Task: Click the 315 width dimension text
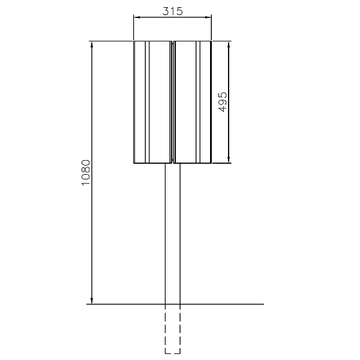point(172,11)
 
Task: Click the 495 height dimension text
point(223,102)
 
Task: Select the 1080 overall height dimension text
point(86,173)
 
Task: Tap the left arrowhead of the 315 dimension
point(137,17)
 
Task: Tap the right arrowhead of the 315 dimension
point(208,17)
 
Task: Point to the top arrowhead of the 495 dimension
point(229,45)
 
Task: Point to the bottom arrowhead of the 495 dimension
point(229,160)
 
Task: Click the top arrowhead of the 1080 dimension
point(92,45)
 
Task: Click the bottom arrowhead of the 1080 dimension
point(92,301)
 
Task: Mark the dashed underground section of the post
point(173,329)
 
